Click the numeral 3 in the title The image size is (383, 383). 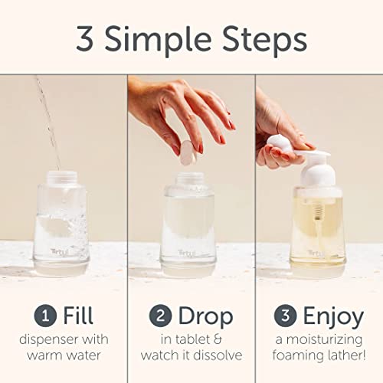coord(86,39)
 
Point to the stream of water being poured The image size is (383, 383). coord(48,115)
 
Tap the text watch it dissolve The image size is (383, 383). coord(191,355)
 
